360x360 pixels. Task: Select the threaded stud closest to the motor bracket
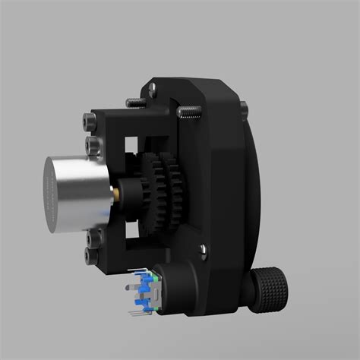(x=137, y=103)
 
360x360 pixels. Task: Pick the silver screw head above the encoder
(x=204, y=248)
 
